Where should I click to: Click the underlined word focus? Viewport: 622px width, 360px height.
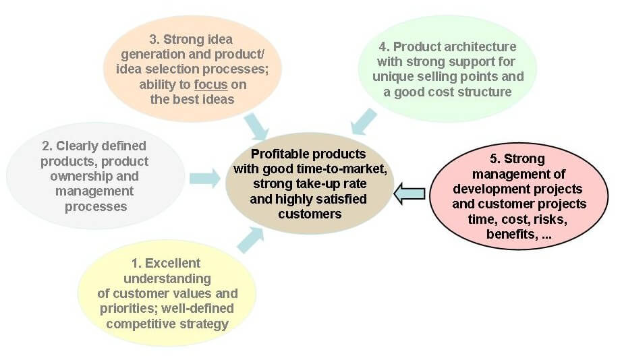click(x=210, y=84)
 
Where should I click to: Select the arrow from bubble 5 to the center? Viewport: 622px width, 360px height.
click(x=409, y=194)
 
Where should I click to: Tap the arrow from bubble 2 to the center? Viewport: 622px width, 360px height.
click(x=204, y=178)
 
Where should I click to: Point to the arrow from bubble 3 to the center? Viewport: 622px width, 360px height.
click(x=256, y=127)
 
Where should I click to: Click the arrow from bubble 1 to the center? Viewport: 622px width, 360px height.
click(x=251, y=240)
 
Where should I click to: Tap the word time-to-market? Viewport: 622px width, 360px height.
click(x=343, y=169)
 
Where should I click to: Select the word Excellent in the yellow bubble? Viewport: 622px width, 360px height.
click(x=173, y=264)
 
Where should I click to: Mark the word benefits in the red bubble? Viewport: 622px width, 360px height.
click(x=512, y=235)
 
